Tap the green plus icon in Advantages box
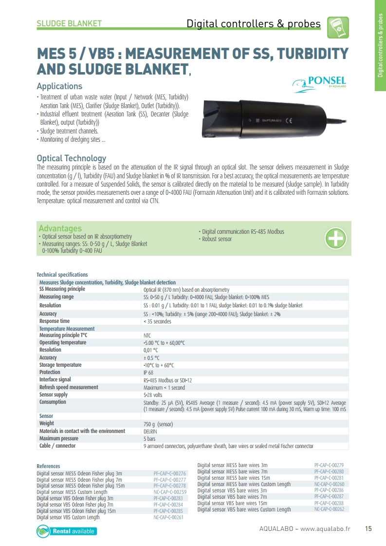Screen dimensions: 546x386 coord(335,238)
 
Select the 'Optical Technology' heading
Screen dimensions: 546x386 coord(71,158)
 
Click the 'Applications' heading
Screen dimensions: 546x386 coord(59,86)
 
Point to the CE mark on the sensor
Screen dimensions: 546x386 coord(288,120)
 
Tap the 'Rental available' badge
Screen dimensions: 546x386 coord(67,531)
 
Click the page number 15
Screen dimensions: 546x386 coord(368,529)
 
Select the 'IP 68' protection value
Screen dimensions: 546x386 coord(148,373)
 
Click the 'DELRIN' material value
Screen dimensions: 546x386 coord(150,431)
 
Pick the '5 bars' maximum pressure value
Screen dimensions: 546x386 coord(149,438)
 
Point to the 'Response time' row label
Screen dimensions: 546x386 coord(55,321)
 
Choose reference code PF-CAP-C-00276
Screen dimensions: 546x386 coord(170,473)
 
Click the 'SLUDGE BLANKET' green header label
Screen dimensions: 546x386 coord(69,23)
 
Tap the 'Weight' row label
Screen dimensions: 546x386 coord(47,424)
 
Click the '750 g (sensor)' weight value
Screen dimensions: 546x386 coord(158,424)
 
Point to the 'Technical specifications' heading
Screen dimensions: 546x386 coord(62,275)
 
